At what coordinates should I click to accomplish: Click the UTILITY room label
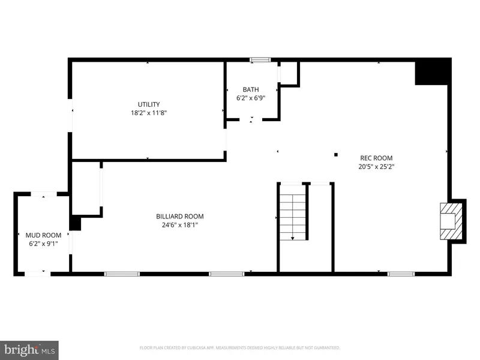point(149,104)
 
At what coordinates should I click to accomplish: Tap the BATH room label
point(251,89)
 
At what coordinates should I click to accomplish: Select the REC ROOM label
point(376,158)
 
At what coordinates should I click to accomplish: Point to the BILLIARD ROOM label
point(180,217)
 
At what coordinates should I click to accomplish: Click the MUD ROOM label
point(43,235)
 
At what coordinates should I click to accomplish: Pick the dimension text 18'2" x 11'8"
point(149,113)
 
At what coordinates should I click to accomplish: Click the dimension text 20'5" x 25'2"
point(376,167)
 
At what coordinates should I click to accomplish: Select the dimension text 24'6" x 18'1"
point(180,225)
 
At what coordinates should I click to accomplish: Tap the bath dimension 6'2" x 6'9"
point(251,98)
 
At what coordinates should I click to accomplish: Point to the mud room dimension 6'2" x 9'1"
point(43,244)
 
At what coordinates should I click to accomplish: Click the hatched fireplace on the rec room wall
point(451,221)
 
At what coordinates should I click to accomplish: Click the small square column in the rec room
point(336,155)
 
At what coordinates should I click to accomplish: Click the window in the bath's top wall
point(260,60)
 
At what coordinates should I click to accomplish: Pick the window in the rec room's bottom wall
point(401,274)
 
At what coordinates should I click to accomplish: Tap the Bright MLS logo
point(29,350)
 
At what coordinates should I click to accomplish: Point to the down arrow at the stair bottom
point(293,238)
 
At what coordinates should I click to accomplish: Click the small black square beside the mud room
point(76,223)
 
